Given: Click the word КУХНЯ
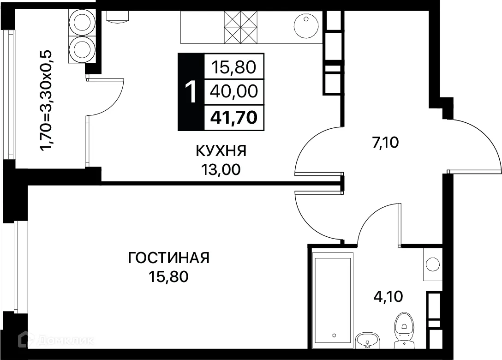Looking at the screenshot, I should [221, 151].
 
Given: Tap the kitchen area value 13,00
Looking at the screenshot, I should [221, 170].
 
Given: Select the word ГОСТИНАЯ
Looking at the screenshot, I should [168, 258].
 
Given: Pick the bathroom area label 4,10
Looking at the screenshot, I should [388, 296].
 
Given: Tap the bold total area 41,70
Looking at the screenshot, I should [234, 118].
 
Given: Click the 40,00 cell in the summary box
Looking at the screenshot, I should [234, 92].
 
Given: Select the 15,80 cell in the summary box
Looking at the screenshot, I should [234, 68].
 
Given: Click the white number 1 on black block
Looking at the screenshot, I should [191, 92].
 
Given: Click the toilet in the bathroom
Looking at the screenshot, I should [404, 328].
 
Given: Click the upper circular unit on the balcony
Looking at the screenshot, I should [83, 21].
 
